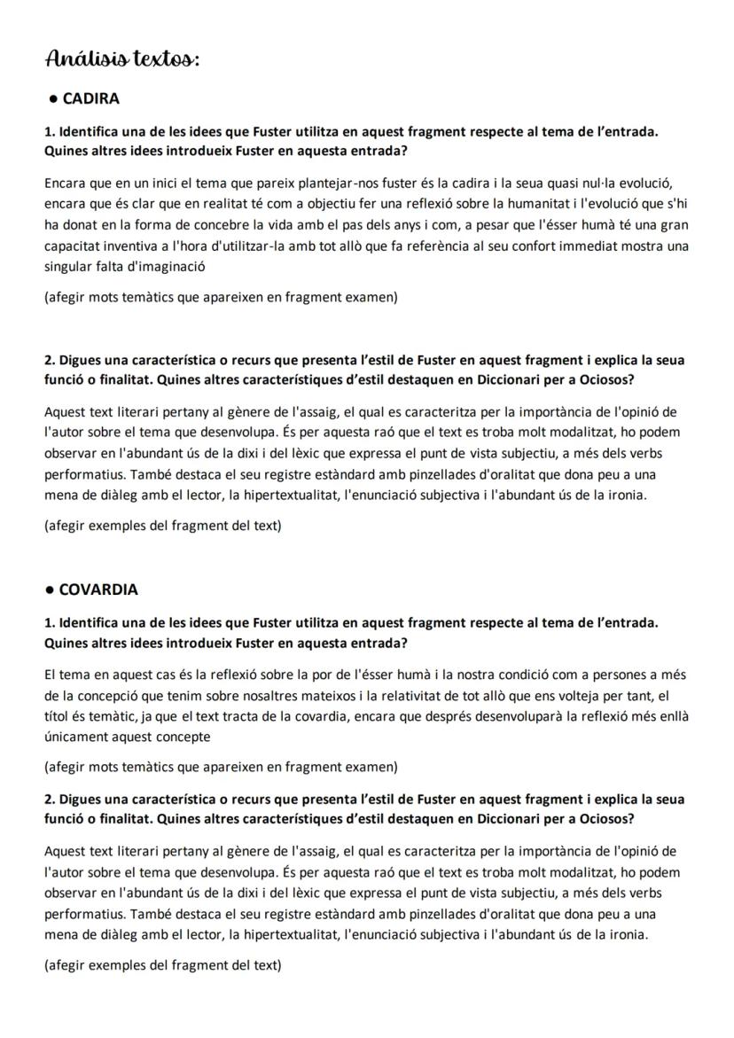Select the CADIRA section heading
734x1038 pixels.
tap(90, 98)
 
